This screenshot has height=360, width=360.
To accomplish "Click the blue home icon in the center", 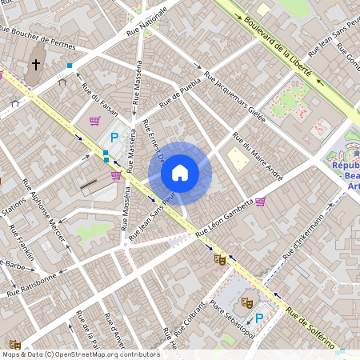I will (180, 173).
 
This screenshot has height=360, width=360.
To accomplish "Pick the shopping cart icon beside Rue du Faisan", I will (95, 122).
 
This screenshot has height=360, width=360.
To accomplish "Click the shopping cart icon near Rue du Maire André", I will (260, 202).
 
